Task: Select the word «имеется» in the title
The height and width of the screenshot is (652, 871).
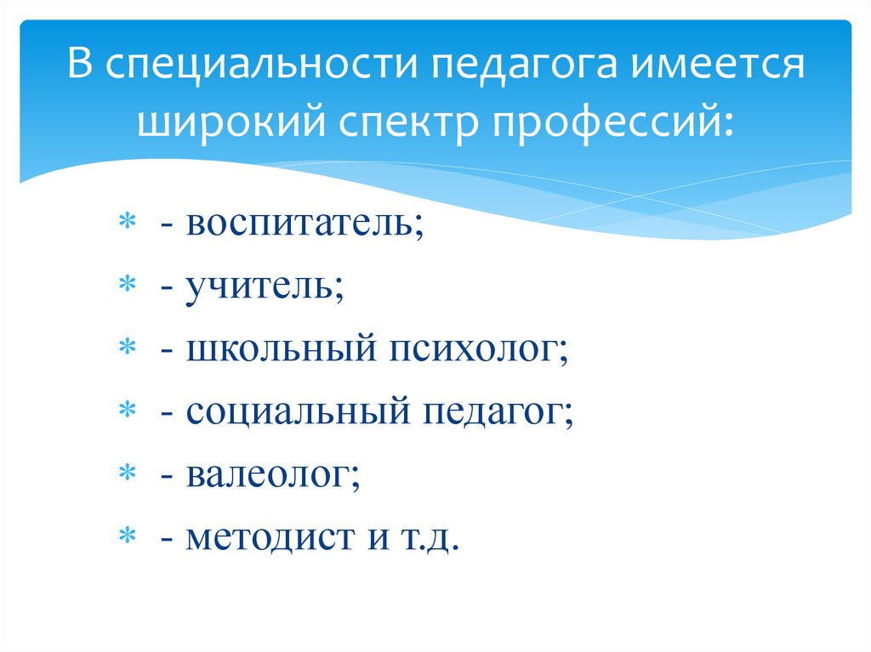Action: pos(718,67)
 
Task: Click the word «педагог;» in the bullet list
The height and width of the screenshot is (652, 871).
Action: pos(498,413)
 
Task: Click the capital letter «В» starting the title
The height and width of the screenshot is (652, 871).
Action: pos(80,67)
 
